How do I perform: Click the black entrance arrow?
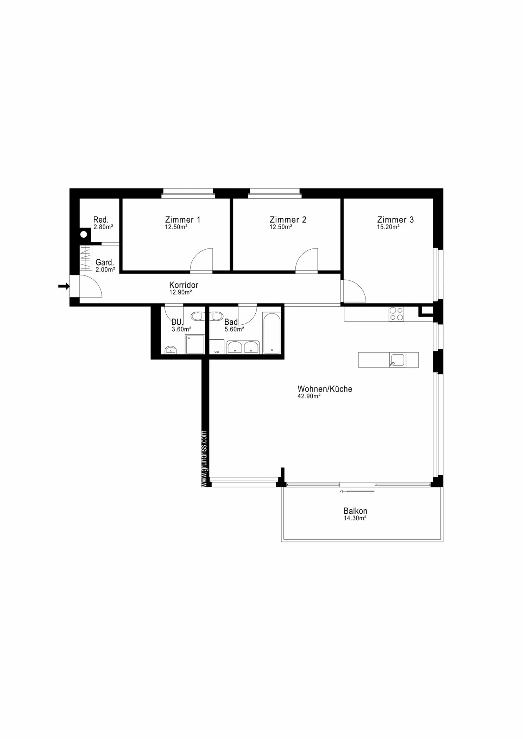coord(64,286)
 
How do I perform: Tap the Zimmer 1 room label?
coord(182,219)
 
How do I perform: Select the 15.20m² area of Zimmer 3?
coord(388,227)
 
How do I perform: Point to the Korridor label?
coord(184,285)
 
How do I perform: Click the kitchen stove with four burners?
coord(396,314)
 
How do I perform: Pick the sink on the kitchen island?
coord(398,360)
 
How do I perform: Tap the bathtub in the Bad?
coord(272,333)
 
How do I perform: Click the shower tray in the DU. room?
coord(195,344)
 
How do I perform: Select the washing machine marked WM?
coord(216,347)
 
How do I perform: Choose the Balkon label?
coord(355,511)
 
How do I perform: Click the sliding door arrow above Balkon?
coord(357,491)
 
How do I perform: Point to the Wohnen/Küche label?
coord(325,389)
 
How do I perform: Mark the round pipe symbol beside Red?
coord(84,234)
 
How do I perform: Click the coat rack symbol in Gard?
coord(86,258)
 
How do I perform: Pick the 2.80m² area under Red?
coord(103,227)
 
